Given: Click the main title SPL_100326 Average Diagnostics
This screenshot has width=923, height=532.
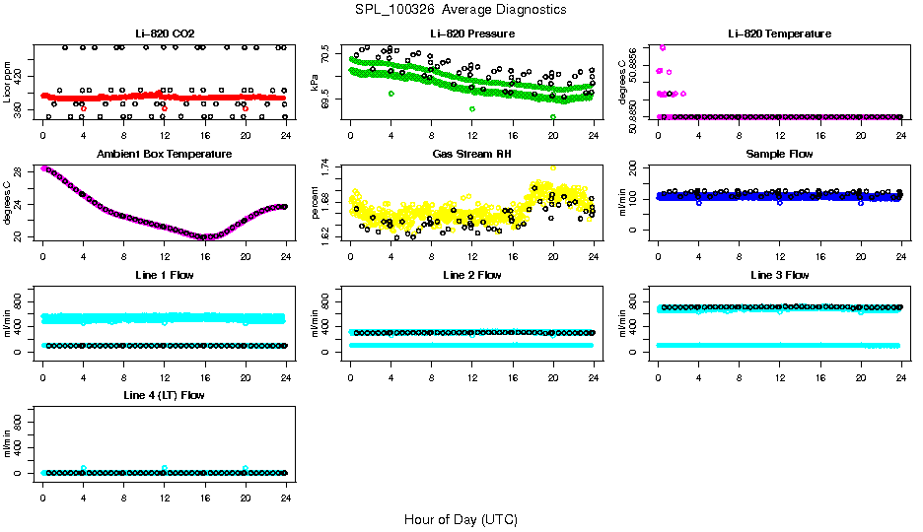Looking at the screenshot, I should click(x=461, y=9).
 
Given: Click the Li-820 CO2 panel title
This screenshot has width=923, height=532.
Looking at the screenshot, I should click(x=164, y=34).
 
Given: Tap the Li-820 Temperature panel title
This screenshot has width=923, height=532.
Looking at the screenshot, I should click(x=779, y=34).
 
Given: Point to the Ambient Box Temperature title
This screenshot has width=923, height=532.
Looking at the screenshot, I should click(x=164, y=155).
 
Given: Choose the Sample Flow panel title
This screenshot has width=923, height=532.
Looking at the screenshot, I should click(x=779, y=155).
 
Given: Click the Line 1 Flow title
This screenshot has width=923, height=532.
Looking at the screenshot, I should click(x=164, y=275).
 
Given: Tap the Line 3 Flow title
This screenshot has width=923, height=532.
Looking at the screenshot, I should click(x=779, y=275).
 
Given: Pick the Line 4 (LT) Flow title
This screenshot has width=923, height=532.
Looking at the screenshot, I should click(x=164, y=395).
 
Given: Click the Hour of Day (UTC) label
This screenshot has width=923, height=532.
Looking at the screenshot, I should click(x=461, y=519).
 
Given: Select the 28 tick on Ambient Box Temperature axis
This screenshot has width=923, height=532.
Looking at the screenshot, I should click(x=20, y=170).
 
